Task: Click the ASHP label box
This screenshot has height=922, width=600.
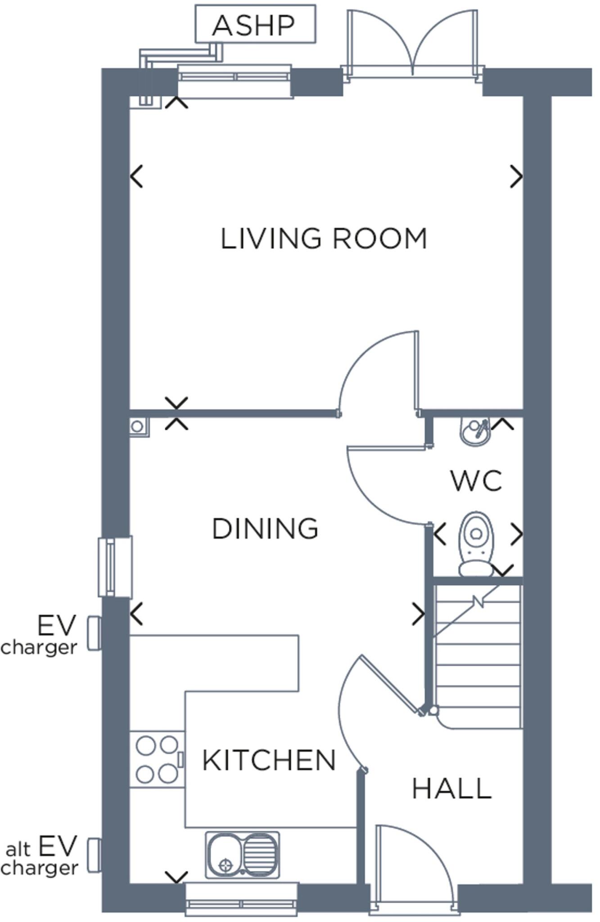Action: (255, 24)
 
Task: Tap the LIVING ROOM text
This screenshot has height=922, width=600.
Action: (323, 239)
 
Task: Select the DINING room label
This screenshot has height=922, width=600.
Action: (265, 529)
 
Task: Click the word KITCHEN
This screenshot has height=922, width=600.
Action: (269, 760)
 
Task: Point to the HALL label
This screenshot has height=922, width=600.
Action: (451, 789)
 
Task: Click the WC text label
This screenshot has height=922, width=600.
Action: (476, 481)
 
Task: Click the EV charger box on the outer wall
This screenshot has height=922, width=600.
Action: (94, 633)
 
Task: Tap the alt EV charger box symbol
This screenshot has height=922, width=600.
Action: (94, 855)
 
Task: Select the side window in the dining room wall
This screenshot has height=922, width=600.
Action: (115, 567)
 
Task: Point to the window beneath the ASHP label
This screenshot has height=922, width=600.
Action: (235, 81)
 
